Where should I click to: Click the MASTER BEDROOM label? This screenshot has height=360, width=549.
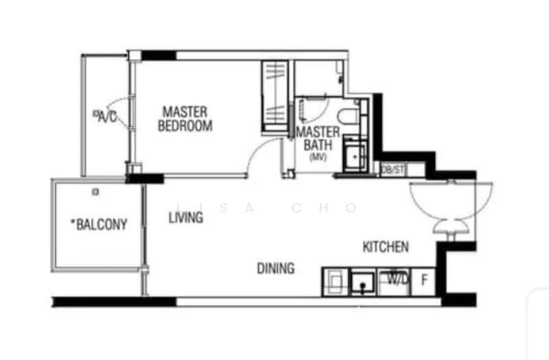coord(185,118)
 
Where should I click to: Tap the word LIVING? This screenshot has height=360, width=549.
coord(186,218)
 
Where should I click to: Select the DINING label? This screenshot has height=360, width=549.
coord(276,268)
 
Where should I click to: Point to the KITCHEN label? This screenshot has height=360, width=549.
coord(386,247)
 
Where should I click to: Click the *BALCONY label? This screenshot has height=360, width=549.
coord(99,224)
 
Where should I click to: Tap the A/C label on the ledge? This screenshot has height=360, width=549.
coord(106,117)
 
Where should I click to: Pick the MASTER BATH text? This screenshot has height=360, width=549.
coord(318,139)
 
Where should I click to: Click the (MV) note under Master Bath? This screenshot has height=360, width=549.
coord(318,157)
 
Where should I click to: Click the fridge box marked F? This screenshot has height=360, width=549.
coord(424,281)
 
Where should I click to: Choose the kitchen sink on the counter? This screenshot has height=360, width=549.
coord(363,281)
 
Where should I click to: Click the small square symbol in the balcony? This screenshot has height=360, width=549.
coord(96,193)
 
